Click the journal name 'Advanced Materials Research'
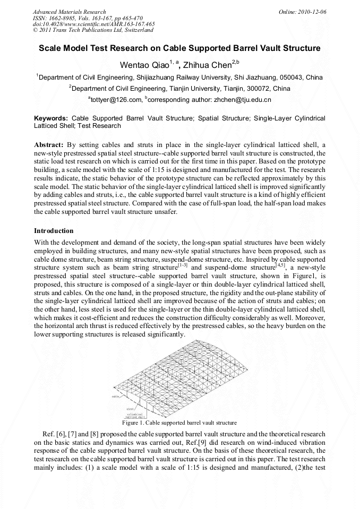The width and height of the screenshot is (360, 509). (69, 12)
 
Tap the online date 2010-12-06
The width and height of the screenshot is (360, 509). (312, 12)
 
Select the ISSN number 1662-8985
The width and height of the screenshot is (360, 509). (67, 18)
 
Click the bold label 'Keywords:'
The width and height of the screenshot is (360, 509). (51, 118)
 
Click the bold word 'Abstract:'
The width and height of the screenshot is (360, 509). (49, 144)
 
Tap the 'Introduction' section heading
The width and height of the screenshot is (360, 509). (54, 231)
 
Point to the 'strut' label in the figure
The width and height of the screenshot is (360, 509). (130, 409)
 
